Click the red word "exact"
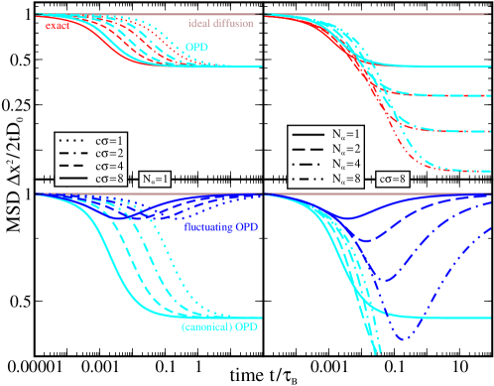[x=57, y=26]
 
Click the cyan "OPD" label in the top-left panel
[x=195, y=47]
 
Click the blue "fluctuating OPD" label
[x=220, y=227]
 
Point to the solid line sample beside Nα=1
[x=309, y=132]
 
